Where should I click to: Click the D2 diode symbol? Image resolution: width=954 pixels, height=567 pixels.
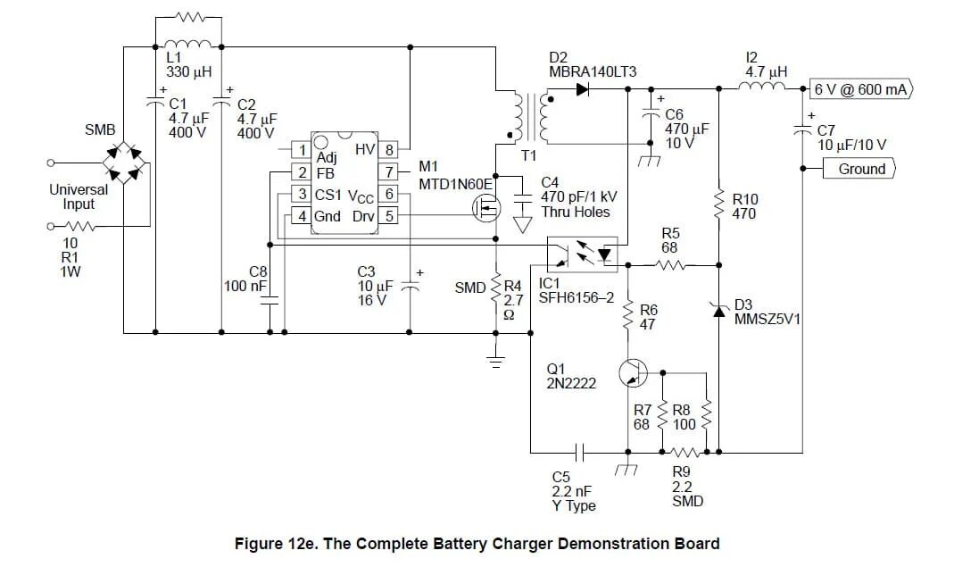[x=582, y=89]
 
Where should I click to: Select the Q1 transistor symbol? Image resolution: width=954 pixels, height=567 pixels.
[x=633, y=372]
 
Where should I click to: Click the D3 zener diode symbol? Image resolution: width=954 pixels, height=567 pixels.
[x=718, y=312]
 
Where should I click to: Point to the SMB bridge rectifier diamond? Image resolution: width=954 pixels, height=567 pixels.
[x=126, y=163]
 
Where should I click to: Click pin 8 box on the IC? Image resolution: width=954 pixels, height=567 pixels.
[x=388, y=149]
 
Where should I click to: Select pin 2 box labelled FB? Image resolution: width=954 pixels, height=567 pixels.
[x=302, y=172]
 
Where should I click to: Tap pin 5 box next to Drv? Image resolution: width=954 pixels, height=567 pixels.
[x=388, y=216]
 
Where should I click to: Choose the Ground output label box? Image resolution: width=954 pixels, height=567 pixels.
[x=859, y=169]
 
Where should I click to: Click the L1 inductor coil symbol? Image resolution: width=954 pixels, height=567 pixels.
[x=188, y=44]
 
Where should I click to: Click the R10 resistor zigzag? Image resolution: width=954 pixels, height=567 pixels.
[x=718, y=204]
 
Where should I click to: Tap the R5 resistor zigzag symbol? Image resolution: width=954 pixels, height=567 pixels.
[x=672, y=265]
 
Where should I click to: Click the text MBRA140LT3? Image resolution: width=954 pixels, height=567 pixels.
[x=593, y=71]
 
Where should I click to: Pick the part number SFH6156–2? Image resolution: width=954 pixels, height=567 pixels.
[x=577, y=298]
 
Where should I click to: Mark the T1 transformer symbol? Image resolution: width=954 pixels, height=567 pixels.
[x=529, y=118]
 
